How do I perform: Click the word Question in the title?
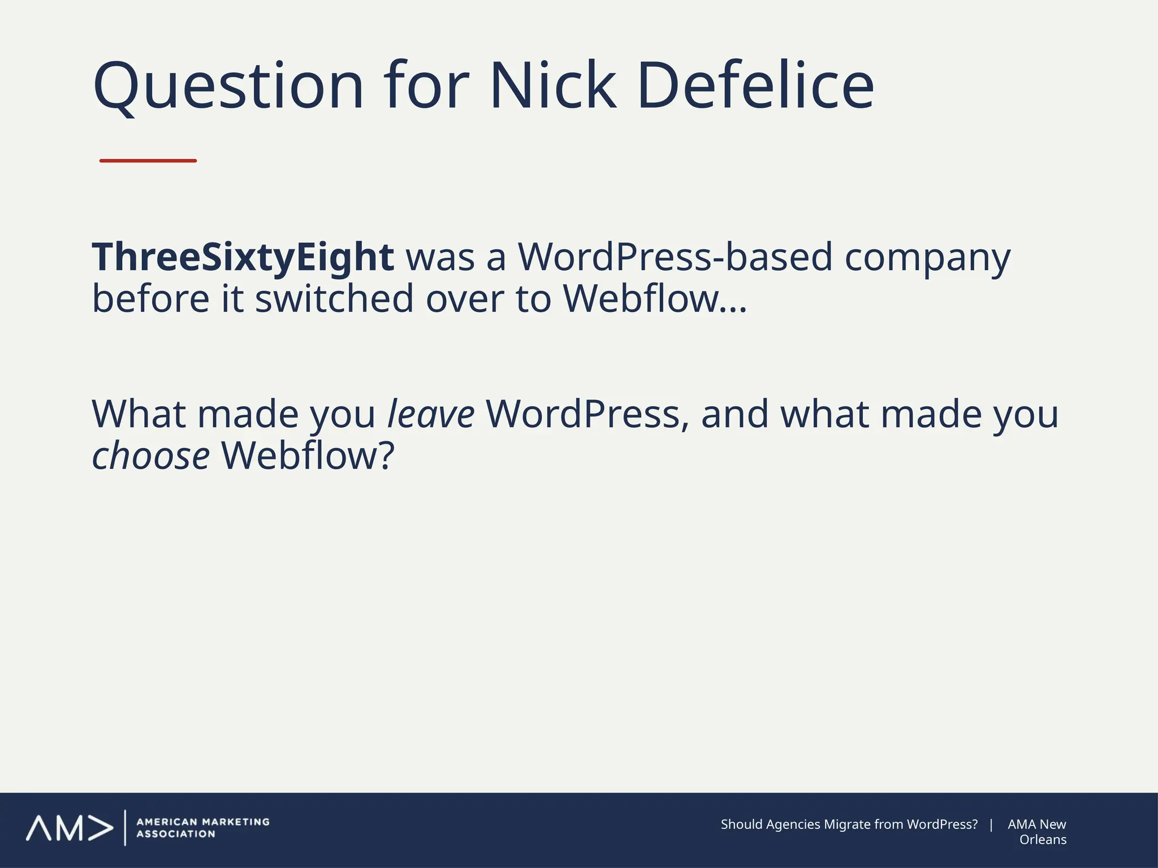[228, 86]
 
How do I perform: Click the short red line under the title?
[148, 161]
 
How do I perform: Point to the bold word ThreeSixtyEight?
[243, 258]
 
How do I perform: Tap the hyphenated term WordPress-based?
[676, 257]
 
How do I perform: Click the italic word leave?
[431, 414]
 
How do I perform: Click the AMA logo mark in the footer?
[69, 828]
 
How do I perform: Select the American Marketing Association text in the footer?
[203, 828]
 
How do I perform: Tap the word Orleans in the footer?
[1043, 840]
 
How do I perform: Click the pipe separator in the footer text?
[991, 824]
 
